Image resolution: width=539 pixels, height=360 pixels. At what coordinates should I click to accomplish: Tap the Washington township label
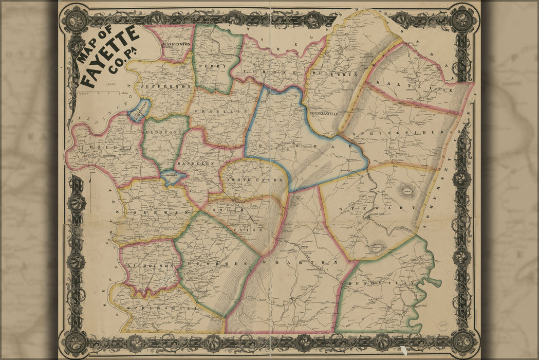click(177, 45)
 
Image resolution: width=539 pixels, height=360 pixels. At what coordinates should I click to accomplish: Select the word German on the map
click(154, 212)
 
